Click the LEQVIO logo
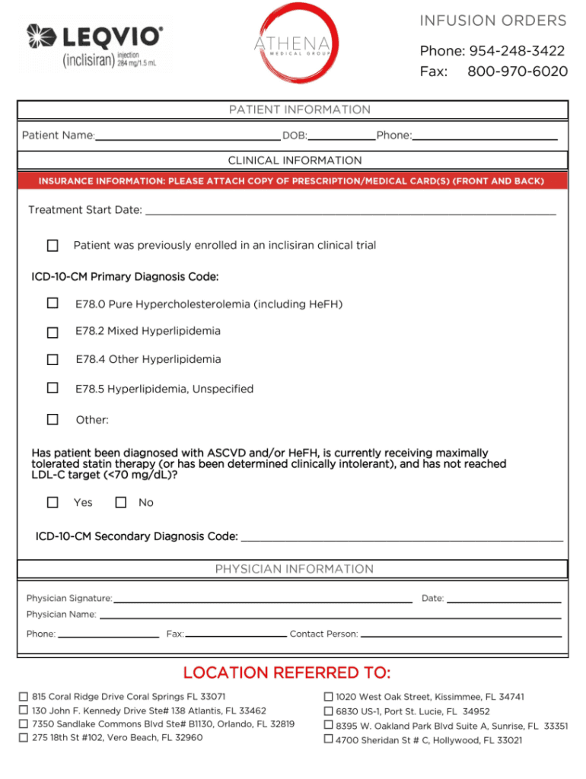pyautogui.click(x=94, y=46)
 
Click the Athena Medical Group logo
pyautogui.click(x=292, y=43)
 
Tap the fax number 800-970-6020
pyautogui.click(x=518, y=72)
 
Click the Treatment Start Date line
pyautogui.click(x=350, y=210)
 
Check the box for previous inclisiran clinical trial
pyautogui.click(x=53, y=246)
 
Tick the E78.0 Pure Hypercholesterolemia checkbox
pyautogui.click(x=53, y=304)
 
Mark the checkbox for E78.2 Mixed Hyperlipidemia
pyautogui.click(x=53, y=332)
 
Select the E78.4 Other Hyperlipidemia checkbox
pyautogui.click(x=53, y=360)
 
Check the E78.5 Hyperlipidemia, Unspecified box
pyautogui.click(x=53, y=388)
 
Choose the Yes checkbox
pyautogui.click(x=53, y=502)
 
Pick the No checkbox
pyautogui.click(x=120, y=502)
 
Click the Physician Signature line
pyautogui.click(x=263, y=599)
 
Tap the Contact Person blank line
pyautogui.click(x=460, y=634)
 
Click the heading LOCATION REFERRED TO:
pyautogui.click(x=287, y=673)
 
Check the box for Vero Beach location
pyautogui.click(x=24, y=737)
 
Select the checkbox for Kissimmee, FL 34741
pyautogui.click(x=329, y=696)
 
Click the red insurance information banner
pyautogui.click(x=292, y=181)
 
